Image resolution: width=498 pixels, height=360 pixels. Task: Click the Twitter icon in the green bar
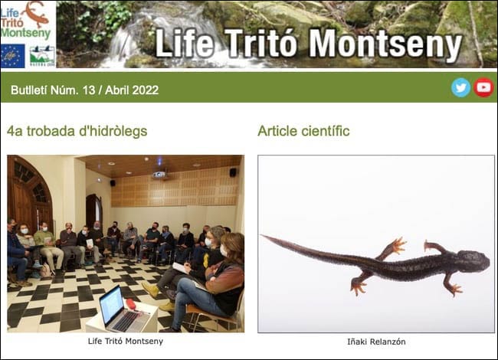(x=460, y=87)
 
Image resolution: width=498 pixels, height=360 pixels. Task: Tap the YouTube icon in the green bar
(x=483, y=87)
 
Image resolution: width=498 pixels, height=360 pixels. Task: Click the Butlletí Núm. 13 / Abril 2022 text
(x=84, y=90)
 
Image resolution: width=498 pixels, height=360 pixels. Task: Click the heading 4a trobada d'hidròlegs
(x=77, y=131)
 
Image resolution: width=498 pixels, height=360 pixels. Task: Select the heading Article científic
(x=303, y=131)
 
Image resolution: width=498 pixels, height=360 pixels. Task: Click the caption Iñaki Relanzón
(x=376, y=342)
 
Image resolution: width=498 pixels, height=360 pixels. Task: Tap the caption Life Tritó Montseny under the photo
(x=125, y=342)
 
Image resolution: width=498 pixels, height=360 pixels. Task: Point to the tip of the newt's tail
(x=264, y=237)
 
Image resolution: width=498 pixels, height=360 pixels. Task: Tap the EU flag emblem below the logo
(x=12, y=55)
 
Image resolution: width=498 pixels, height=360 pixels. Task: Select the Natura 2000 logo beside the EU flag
(x=41, y=55)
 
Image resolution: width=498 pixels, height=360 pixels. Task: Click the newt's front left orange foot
(x=395, y=247)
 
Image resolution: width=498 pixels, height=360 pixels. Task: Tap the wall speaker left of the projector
(x=113, y=182)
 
